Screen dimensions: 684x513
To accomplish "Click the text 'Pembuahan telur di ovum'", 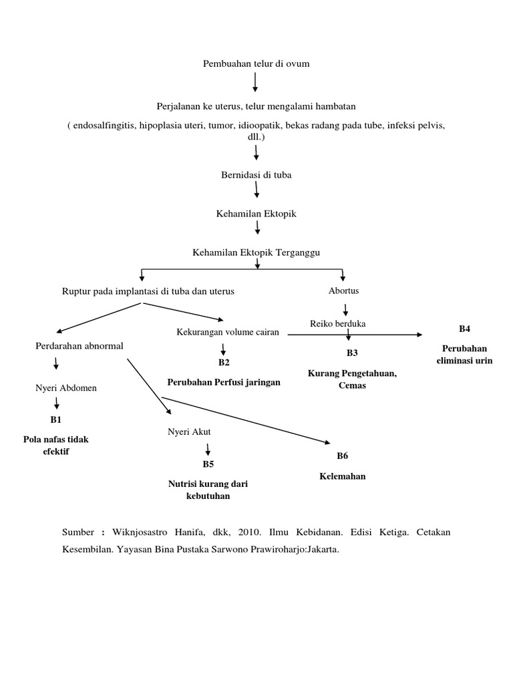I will coord(256,63).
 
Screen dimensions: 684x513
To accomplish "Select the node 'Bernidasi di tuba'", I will coord(256,174).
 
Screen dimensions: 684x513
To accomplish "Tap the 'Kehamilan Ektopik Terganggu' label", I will coord(256,252).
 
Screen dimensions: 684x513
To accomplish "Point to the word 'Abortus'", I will coord(344,291).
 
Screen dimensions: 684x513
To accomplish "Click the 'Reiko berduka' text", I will coord(337,324).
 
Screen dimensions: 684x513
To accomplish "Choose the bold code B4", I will coord(464,329).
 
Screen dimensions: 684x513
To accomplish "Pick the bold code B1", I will coord(55,420).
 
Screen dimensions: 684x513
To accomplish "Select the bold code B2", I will coord(224,362).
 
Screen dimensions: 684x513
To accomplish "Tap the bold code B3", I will coord(352,352).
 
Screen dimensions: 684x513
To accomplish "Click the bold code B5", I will coord(208,464).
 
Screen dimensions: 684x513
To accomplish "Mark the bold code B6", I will coord(342,456).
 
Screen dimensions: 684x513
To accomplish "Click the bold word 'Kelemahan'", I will coord(342,476).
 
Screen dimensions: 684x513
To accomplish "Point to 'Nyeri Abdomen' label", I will coord(66,387).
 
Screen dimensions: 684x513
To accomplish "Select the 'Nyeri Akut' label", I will coord(189,432).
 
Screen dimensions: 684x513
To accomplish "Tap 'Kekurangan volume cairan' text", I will coord(228,332).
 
